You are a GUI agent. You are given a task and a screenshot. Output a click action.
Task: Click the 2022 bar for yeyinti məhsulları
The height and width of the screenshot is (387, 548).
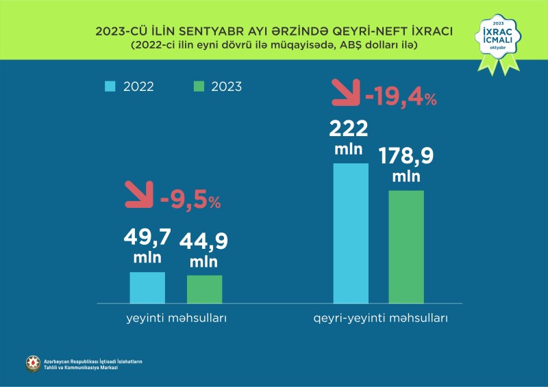click(x=147, y=287)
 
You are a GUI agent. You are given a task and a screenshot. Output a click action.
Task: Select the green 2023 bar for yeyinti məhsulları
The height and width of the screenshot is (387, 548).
click(x=204, y=289)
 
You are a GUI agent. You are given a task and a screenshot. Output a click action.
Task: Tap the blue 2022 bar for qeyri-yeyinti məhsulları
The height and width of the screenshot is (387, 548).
click(x=351, y=232)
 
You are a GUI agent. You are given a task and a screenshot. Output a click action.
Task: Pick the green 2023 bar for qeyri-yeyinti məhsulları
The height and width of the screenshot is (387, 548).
click(x=406, y=246)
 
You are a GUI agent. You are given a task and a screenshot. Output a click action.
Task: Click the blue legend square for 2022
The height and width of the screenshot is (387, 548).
click(x=110, y=87)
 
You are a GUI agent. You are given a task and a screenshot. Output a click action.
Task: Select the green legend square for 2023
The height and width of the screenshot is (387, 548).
click(x=199, y=87)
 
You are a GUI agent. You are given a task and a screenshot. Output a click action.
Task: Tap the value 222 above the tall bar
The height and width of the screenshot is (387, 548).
click(x=349, y=129)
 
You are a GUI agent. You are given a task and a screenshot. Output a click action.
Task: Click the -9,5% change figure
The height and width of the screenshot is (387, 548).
click(x=190, y=202)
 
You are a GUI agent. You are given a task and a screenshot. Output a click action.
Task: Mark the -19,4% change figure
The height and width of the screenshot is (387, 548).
click(x=401, y=98)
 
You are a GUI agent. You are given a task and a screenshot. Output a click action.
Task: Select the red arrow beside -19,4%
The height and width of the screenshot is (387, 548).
click(x=345, y=92)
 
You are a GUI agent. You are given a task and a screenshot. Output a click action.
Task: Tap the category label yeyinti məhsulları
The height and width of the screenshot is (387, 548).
click(x=176, y=319)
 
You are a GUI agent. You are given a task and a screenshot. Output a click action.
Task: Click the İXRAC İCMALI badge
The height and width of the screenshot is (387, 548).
click(x=497, y=42)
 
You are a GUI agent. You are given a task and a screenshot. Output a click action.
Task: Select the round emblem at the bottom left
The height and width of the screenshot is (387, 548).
click(x=33, y=364)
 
